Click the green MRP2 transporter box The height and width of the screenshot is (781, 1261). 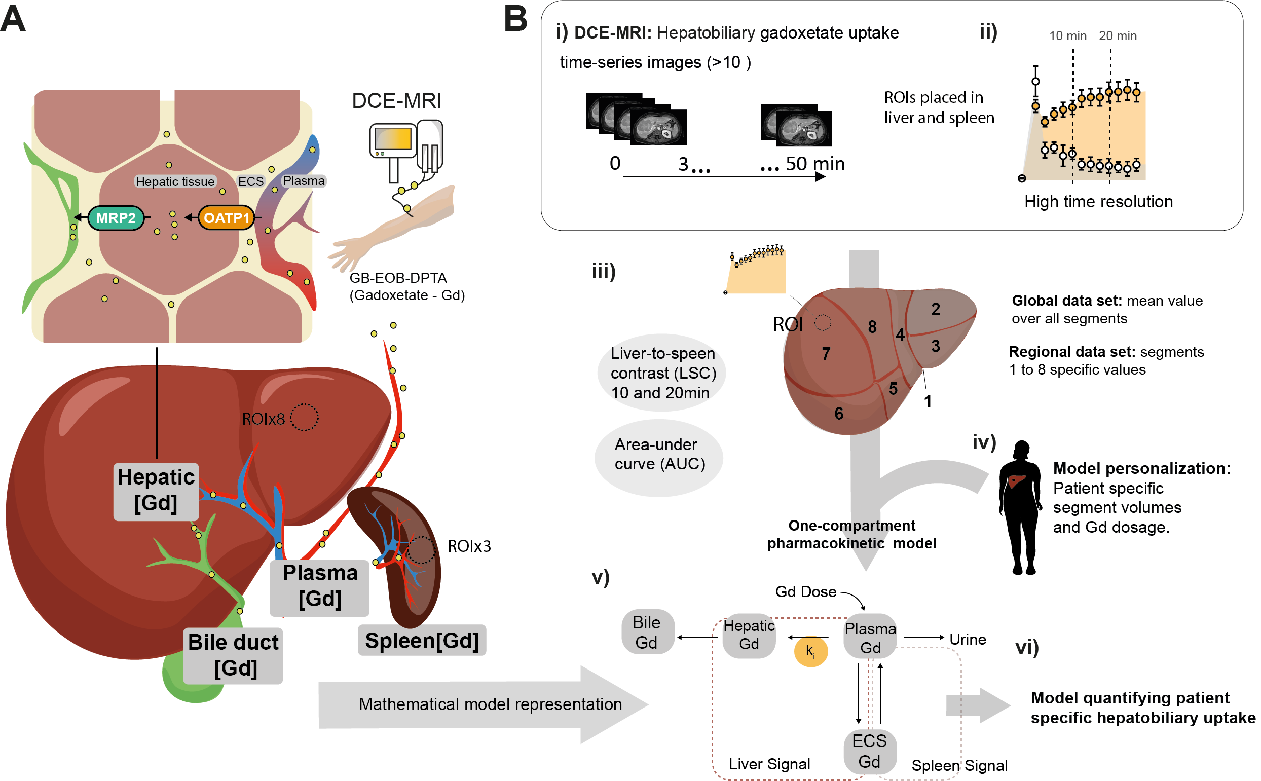pos(116,218)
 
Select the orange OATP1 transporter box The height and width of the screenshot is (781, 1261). pos(226,218)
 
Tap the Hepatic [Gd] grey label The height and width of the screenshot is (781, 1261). pos(156,491)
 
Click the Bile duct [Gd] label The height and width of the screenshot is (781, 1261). pos(234,655)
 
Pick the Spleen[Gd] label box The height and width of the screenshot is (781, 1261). pos(422,641)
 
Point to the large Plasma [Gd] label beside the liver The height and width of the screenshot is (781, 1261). pos(320,587)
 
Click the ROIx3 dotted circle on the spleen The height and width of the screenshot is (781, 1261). pos(422,549)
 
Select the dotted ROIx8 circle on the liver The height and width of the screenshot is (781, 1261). pos(304,417)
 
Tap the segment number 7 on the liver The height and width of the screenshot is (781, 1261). pos(826,354)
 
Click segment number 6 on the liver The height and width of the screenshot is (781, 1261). pos(839,414)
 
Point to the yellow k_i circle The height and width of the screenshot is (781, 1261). pos(810,651)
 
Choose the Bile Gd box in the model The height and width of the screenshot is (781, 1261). pos(647,632)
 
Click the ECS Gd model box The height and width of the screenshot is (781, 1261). pos(869,751)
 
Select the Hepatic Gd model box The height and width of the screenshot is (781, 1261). pos(749,636)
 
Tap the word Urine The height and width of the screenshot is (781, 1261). pos(968,640)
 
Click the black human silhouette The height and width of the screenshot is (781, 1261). pos(1020,509)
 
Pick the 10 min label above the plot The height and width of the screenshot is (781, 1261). pos(1067,35)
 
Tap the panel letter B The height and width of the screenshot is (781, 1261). pos(515,19)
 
